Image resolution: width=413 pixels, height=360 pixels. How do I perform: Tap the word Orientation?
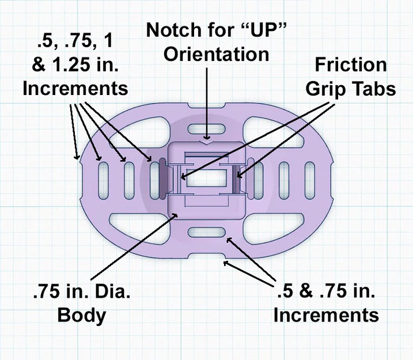(216, 54)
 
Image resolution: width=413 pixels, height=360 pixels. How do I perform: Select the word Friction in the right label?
(351, 65)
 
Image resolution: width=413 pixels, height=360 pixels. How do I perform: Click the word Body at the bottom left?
(82, 315)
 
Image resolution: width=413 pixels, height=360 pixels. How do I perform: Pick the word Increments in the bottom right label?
(326, 314)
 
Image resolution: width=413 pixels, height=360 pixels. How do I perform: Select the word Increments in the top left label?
(75, 88)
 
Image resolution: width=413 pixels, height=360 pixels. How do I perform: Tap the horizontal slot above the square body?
(206, 129)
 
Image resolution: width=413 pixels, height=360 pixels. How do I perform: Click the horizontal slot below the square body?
(206, 232)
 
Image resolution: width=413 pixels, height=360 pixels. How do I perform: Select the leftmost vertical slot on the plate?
(104, 181)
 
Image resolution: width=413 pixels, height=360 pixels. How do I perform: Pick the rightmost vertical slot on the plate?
(310, 181)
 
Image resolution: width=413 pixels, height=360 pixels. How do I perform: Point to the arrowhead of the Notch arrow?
(207, 137)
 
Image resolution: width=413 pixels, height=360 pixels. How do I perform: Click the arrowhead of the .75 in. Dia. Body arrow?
(175, 216)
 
